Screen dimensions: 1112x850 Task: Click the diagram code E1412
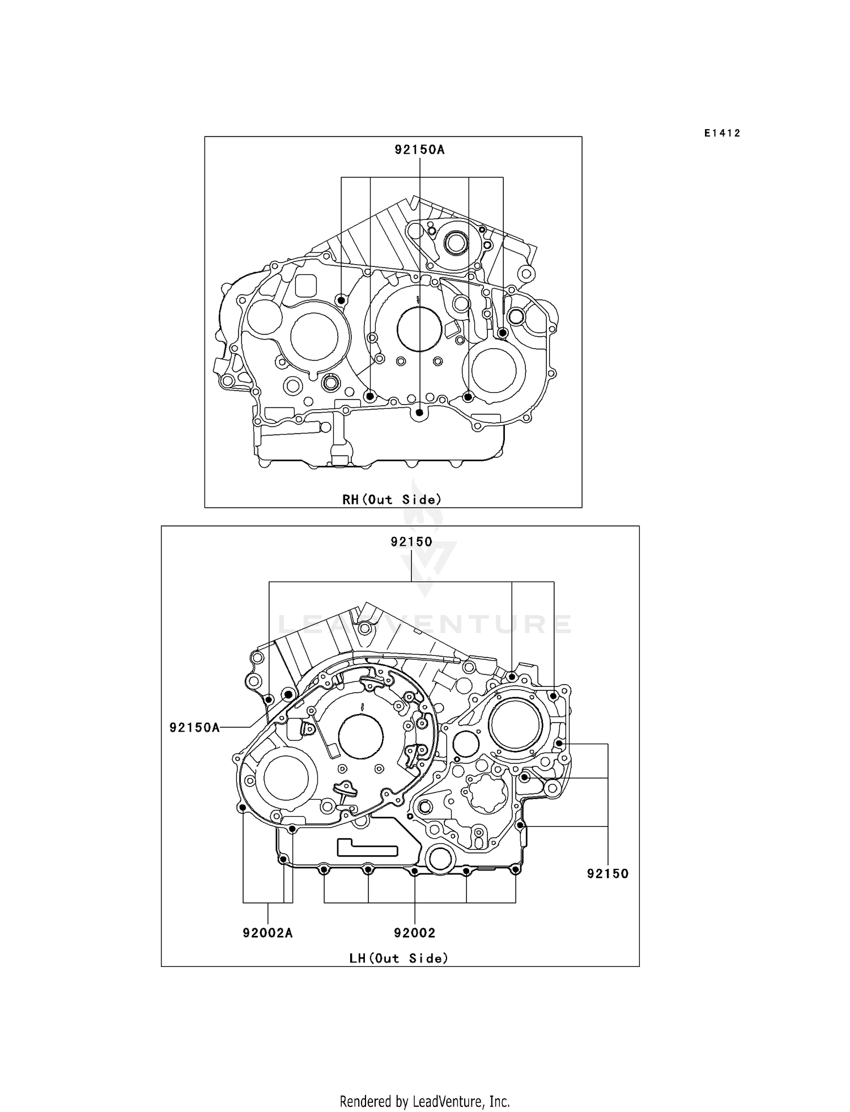pos(722,133)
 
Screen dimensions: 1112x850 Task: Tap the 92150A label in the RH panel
pos(419,150)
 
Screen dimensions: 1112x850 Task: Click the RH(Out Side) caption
pos(392,499)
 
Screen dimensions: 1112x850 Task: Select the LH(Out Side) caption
pos(398,958)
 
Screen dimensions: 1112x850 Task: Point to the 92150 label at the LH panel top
pos(411,541)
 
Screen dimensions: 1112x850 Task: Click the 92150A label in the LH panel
pos(194,727)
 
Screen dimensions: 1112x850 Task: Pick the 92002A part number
pos(267,932)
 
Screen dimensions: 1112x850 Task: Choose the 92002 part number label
pos(415,932)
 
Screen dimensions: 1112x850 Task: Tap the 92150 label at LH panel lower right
pos(607,873)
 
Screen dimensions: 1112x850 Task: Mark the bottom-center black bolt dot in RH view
pos(419,413)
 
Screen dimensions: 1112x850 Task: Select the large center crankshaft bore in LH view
pos(360,737)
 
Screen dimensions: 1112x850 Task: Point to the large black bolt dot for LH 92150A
pos(288,694)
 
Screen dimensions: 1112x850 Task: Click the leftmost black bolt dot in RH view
pos(341,299)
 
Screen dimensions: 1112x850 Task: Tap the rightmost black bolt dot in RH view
pos(503,333)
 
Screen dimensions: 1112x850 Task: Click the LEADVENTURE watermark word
pos(424,623)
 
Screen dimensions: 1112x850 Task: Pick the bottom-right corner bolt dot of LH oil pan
pos(515,869)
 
